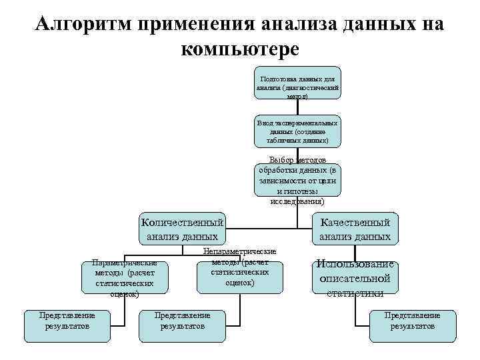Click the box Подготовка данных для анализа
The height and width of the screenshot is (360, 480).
click(x=297, y=83)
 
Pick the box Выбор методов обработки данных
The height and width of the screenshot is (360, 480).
click(x=297, y=181)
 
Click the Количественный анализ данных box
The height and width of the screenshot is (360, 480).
click(x=181, y=229)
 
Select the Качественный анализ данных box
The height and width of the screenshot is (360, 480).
click(x=355, y=229)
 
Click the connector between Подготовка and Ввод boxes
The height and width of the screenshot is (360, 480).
click(x=297, y=108)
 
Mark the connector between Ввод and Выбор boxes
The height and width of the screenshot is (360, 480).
click(x=297, y=155)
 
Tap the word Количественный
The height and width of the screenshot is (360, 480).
click(x=181, y=222)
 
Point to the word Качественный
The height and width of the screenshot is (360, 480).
click(x=355, y=222)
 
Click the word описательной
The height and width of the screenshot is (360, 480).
click(x=355, y=278)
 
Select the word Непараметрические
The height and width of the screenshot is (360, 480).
click(x=239, y=251)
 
